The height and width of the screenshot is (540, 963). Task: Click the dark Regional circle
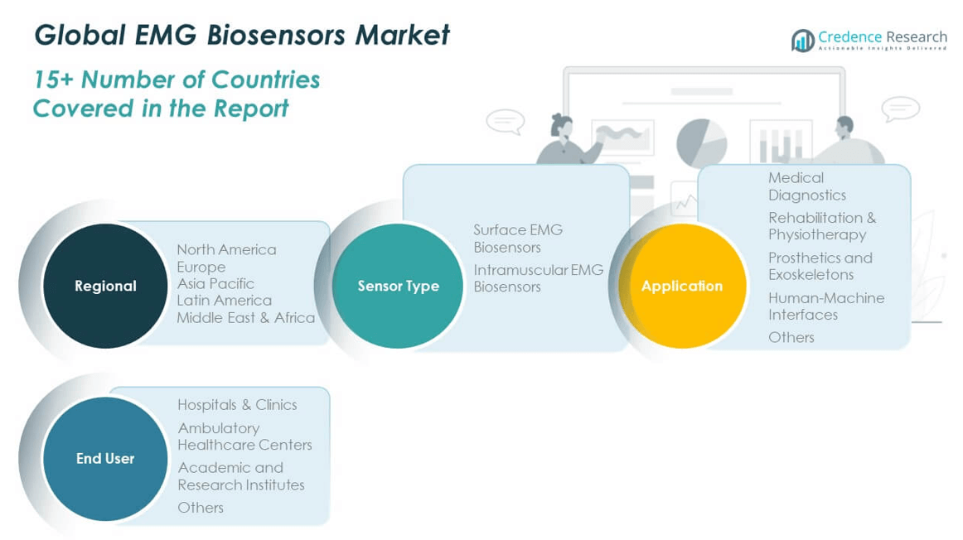point(105,286)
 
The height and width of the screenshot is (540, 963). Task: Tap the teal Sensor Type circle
point(398,286)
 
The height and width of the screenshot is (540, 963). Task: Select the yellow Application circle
point(682,286)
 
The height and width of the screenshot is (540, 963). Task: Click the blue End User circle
point(105,458)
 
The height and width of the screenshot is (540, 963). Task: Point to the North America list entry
point(226,249)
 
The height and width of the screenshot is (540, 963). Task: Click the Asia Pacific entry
point(215,283)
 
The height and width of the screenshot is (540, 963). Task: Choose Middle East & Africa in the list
point(245,317)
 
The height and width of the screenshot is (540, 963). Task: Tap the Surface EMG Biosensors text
point(518,239)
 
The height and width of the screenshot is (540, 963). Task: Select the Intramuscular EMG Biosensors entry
point(538,278)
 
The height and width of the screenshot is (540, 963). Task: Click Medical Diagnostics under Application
point(806,186)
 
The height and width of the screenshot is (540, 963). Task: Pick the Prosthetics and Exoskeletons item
point(820,266)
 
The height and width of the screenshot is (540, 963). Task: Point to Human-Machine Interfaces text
point(825,306)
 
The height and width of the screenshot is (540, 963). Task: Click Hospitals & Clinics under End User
point(237,405)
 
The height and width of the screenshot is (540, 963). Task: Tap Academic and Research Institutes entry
point(240,476)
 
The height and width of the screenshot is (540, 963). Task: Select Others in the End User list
point(201,508)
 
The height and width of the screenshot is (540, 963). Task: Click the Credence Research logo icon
point(802,40)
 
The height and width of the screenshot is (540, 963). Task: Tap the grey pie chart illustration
point(701,142)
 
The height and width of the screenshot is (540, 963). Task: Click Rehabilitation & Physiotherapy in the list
point(821,226)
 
